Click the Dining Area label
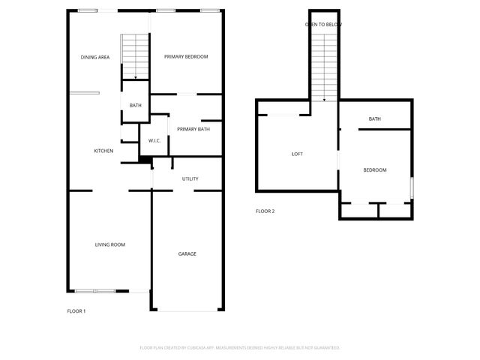[x=95, y=57]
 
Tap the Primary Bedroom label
[x=186, y=57]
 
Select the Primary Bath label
[x=193, y=130]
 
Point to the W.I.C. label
[x=155, y=140]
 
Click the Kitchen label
[x=103, y=151]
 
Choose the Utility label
[x=190, y=178]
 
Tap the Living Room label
[x=109, y=244]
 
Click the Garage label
[x=187, y=254]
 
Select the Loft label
[x=297, y=154]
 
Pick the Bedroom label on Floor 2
[x=375, y=170]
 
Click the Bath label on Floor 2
[x=374, y=119]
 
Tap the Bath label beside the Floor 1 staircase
[x=135, y=106]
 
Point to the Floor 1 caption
[x=76, y=311]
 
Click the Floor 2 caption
[x=265, y=211]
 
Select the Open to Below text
[x=324, y=25]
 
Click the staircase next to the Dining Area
[x=135, y=56]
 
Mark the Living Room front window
[x=95, y=291]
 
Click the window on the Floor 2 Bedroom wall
[x=411, y=187]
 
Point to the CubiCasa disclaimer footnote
[x=240, y=348]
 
